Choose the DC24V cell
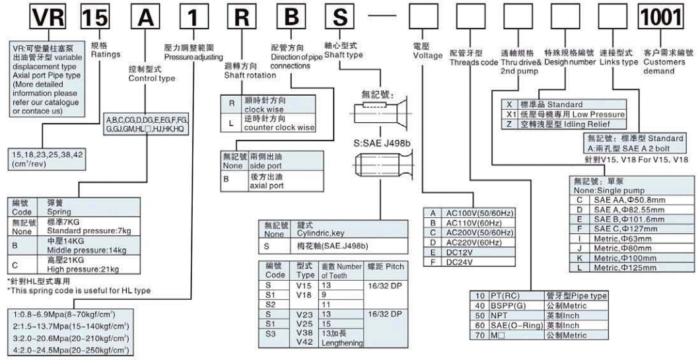[x=456, y=262]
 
